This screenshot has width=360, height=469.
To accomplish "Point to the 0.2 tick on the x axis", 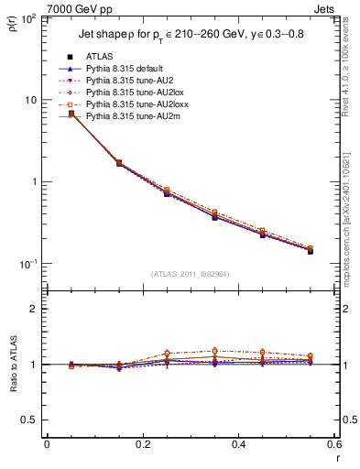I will [142, 444].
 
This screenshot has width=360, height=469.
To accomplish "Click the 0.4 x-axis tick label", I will [238, 444].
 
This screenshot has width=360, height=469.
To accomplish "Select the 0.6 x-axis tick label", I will [333, 444].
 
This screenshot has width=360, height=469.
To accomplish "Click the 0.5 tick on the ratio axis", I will [32, 420].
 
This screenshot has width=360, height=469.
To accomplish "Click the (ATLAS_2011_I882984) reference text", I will [190, 274].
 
